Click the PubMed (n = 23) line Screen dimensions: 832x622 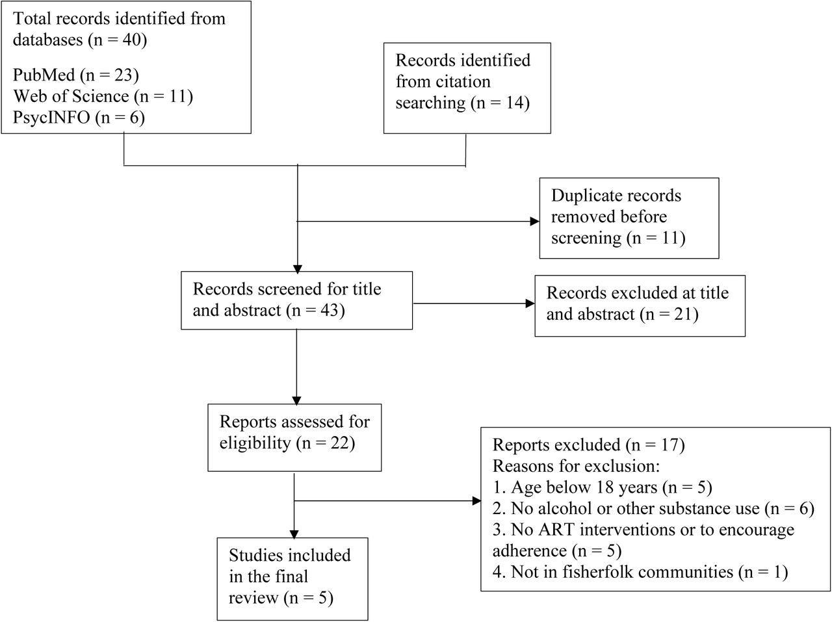pos(76,75)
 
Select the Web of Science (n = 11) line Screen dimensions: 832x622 pos(103,96)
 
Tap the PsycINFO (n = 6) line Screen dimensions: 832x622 pos(79,118)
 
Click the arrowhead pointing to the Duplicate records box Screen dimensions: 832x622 pos(534,222)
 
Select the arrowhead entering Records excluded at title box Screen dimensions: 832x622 pos(530,304)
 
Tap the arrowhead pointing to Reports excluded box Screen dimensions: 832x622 pos(476,500)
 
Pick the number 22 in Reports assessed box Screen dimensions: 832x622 pos(339,443)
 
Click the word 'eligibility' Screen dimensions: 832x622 pos(255,443)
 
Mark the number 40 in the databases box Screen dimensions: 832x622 pos(131,40)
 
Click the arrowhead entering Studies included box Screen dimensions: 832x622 pos(294,534)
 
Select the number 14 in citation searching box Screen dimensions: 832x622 pos(513,103)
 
